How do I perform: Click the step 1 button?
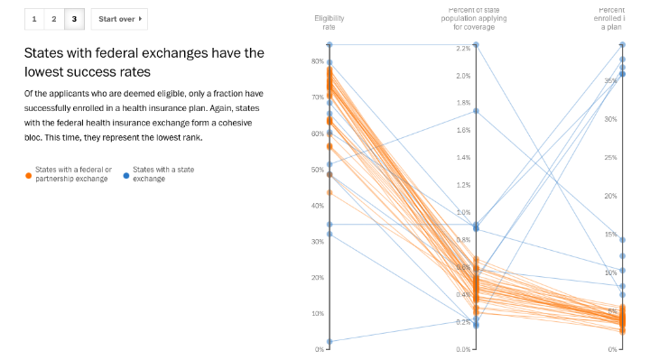(34, 18)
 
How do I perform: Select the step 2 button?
(54, 18)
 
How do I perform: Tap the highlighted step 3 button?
(74, 18)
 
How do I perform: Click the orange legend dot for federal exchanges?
(28, 174)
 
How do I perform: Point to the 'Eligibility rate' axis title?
(329, 23)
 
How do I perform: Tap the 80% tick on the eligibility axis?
(318, 61)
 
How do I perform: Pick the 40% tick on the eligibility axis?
(318, 206)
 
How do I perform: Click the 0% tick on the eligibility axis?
(320, 349)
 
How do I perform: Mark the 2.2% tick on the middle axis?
(463, 48)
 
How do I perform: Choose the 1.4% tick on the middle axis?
(463, 158)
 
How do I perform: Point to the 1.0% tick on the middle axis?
(463, 212)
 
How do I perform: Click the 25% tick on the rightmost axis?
(610, 158)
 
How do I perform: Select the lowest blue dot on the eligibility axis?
(330, 342)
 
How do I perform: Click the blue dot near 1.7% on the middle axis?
(476, 111)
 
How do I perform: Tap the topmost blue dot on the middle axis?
(476, 44)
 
